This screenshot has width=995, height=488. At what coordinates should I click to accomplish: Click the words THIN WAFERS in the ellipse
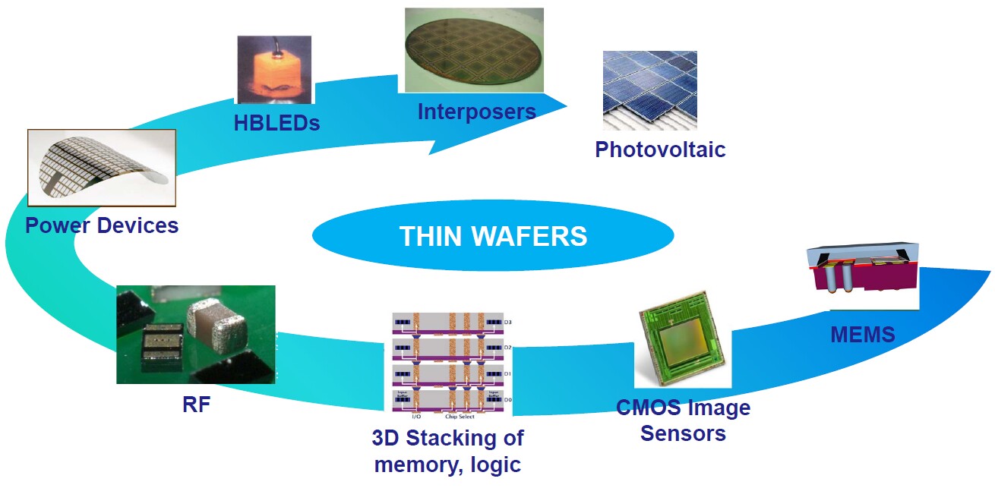click(x=493, y=236)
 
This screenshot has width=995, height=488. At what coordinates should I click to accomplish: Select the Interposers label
click(x=476, y=112)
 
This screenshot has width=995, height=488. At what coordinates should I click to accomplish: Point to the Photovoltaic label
click(x=660, y=149)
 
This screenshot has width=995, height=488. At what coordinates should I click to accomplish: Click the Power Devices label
click(x=102, y=225)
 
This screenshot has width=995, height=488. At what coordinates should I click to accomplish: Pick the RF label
click(x=196, y=405)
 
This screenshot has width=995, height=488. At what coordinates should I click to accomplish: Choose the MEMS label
click(x=862, y=334)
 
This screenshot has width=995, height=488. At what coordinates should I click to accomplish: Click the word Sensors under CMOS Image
click(x=683, y=433)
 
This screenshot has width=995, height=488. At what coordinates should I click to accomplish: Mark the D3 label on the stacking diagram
click(x=507, y=323)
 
